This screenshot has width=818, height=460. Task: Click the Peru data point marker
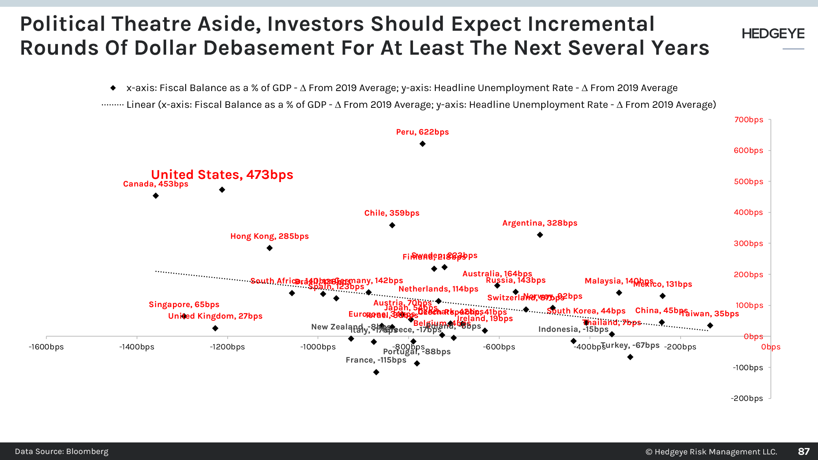[x=423, y=144]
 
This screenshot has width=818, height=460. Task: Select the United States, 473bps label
[x=222, y=174]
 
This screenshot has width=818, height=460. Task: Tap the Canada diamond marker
[x=156, y=196]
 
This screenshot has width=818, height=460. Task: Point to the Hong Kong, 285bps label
[x=270, y=236]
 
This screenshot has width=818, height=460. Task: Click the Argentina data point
[x=540, y=235]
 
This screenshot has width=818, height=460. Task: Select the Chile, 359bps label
[x=392, y=213]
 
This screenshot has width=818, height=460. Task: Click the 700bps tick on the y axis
[x=749, y=120]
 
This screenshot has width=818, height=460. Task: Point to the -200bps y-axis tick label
[x=747, y=398]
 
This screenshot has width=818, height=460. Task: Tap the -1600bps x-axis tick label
[x=46, y=347]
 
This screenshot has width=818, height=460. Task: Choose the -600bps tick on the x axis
[x=499, y=347]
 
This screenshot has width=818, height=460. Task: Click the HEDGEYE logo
[x=773, y=34]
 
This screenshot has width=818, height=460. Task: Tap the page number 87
[x=804, y=452]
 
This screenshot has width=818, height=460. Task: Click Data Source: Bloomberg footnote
[x=62, y=452]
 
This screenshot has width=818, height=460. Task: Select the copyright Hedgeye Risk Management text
[x=711, y=452]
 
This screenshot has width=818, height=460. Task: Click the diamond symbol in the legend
[x=113, y=88]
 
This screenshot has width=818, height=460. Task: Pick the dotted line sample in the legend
[x=113, y=105]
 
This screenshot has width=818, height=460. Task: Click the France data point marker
[x=376, y=372]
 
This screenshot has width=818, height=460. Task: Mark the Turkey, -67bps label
[x=630, y=345]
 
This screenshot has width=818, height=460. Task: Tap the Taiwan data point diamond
[x=710, y=325]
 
